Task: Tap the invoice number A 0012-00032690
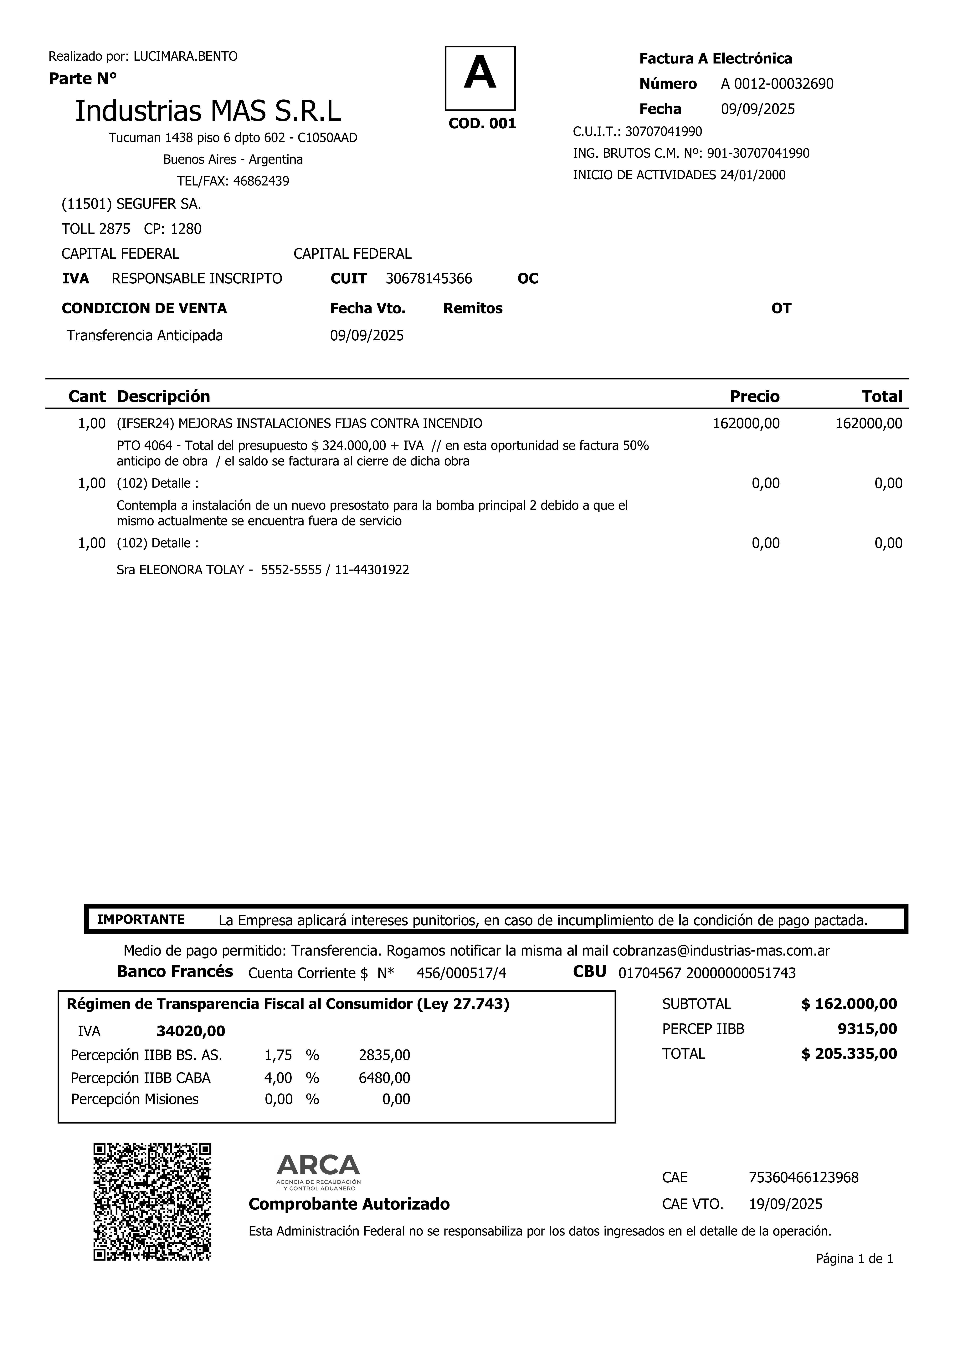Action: [777, 84]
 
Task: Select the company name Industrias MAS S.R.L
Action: [208, 111]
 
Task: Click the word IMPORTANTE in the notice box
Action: [141, 920]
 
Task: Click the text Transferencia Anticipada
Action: [145, 336]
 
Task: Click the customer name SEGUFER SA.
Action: [158, 204]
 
